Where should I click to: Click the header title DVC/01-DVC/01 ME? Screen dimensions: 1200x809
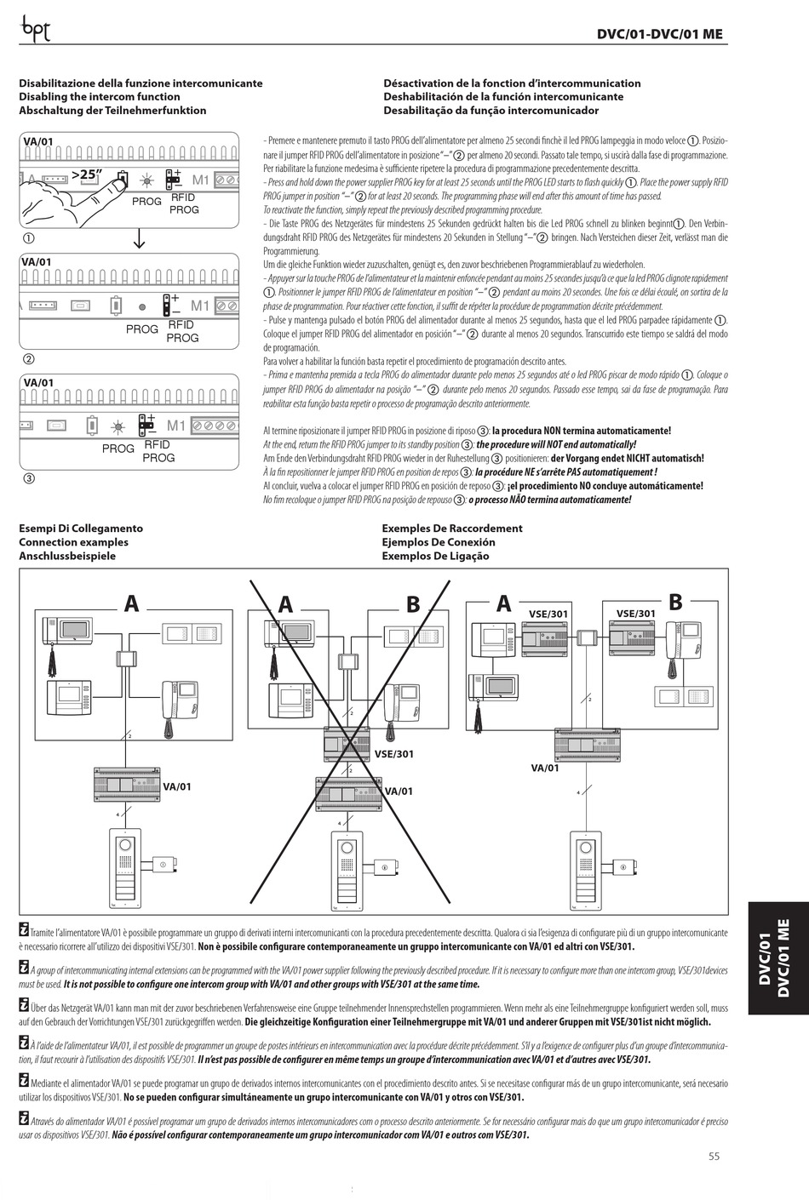coord(660,34)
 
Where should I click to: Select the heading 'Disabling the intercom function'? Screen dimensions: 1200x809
coord(100,97)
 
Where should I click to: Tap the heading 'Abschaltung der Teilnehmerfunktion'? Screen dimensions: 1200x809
coord(112,111)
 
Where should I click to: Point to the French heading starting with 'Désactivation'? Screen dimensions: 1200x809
coord(512,83)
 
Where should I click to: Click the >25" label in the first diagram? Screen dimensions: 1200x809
coord(87,174)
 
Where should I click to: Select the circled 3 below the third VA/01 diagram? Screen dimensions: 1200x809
coord(28,478)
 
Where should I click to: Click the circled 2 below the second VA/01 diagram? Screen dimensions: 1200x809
coord(28,359)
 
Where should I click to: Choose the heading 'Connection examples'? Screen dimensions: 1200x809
coord(73,542)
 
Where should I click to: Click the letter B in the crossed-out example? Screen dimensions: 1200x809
coord(413,604)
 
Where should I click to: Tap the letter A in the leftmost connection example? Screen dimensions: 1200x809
coord(131,604)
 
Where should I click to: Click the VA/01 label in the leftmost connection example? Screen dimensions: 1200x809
coord(177,786)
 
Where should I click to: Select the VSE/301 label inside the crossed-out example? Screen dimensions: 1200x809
coord(393,754)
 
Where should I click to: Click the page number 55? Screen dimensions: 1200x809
coord(714,1156)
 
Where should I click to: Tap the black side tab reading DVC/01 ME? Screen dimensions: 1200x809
coord(777,957)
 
